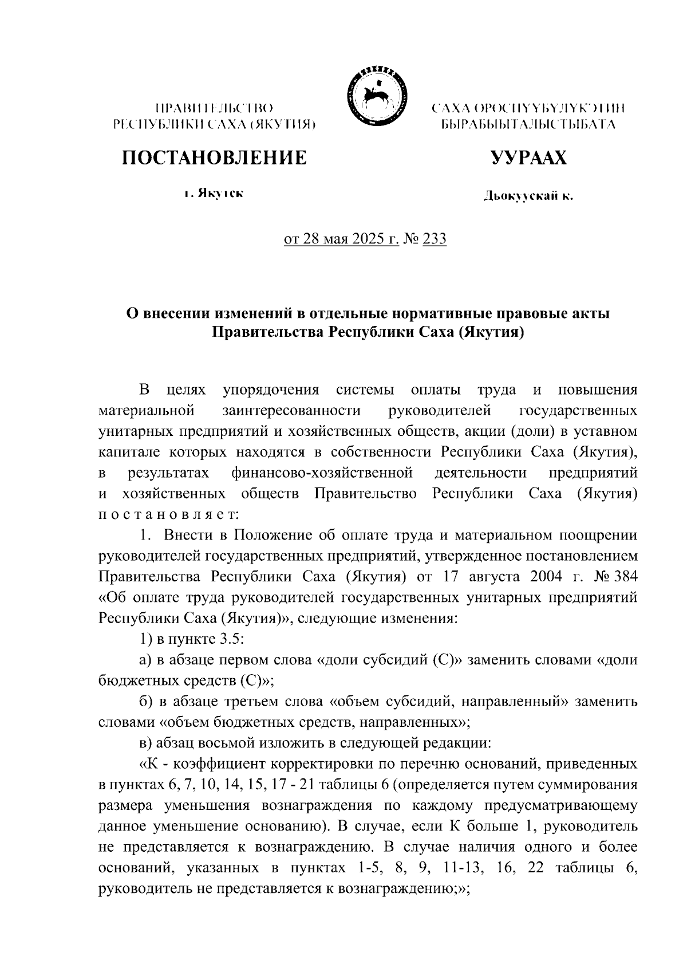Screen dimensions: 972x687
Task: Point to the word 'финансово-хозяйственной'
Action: [322, 473]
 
